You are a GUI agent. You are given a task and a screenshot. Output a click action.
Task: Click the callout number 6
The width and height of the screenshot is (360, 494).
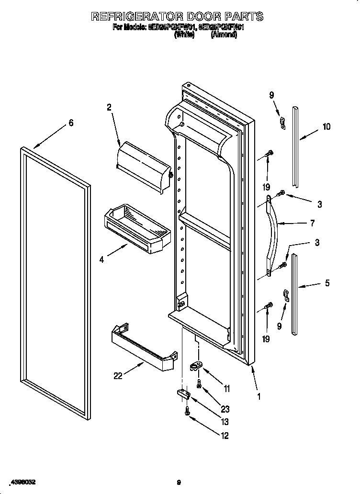71,123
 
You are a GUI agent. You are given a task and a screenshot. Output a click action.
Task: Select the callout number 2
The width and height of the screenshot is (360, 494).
109,108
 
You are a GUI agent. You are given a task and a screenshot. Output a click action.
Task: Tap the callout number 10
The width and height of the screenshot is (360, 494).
326,127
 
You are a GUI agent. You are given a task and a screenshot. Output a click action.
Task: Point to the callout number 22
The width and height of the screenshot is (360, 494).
118,376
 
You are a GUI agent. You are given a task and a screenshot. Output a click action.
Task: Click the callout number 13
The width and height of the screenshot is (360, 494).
225,422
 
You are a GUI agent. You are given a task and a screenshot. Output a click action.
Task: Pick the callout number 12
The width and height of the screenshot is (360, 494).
225,436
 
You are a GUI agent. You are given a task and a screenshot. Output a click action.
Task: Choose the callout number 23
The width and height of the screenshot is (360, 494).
225,409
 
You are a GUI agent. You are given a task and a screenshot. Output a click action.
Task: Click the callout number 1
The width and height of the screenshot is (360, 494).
259,396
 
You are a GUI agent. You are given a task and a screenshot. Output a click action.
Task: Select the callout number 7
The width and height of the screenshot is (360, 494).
312,223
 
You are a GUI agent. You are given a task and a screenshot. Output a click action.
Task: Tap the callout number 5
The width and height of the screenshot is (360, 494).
327,283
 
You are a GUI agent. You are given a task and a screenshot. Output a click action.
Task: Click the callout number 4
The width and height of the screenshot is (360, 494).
101,260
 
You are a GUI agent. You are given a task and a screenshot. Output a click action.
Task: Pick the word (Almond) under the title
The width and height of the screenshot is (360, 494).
224,35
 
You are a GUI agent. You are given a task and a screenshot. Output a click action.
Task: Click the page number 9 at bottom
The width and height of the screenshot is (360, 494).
178,483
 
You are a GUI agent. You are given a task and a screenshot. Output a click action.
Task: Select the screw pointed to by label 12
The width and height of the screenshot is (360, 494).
187,410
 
